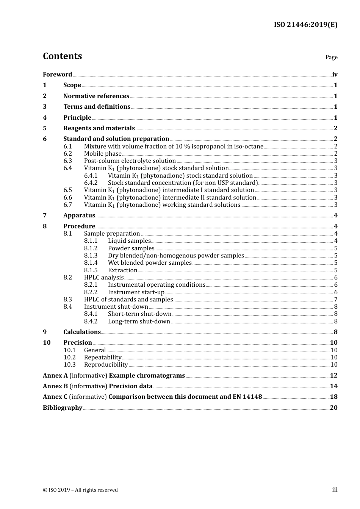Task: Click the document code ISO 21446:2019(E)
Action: tap(305, 25)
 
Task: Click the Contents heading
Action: tap(62, 56)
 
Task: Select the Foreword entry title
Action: tap(57, 74)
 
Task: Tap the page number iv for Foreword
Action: tap(335, 74)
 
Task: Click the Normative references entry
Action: tap(96, 96)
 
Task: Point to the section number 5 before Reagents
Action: tap(45, 128)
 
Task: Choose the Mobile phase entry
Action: tap(103, 153)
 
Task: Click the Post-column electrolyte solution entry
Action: tap(130, 161)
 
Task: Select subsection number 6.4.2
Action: tap(91, 183)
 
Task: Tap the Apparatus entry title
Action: tap(79, 215)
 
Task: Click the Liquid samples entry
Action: tap(129, 240)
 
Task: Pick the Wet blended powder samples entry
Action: tap(150, 262)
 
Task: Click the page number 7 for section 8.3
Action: tap(335, 299)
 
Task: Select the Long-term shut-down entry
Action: tap(139, 321)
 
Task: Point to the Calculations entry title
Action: tap(82, 332)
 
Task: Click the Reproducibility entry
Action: tap(106, 364)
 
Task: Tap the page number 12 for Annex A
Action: tap(333, 375)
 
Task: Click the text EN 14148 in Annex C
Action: tap(247, 397)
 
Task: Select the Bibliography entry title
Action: tap(63, 408)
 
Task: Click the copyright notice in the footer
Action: tap(80, 490)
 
